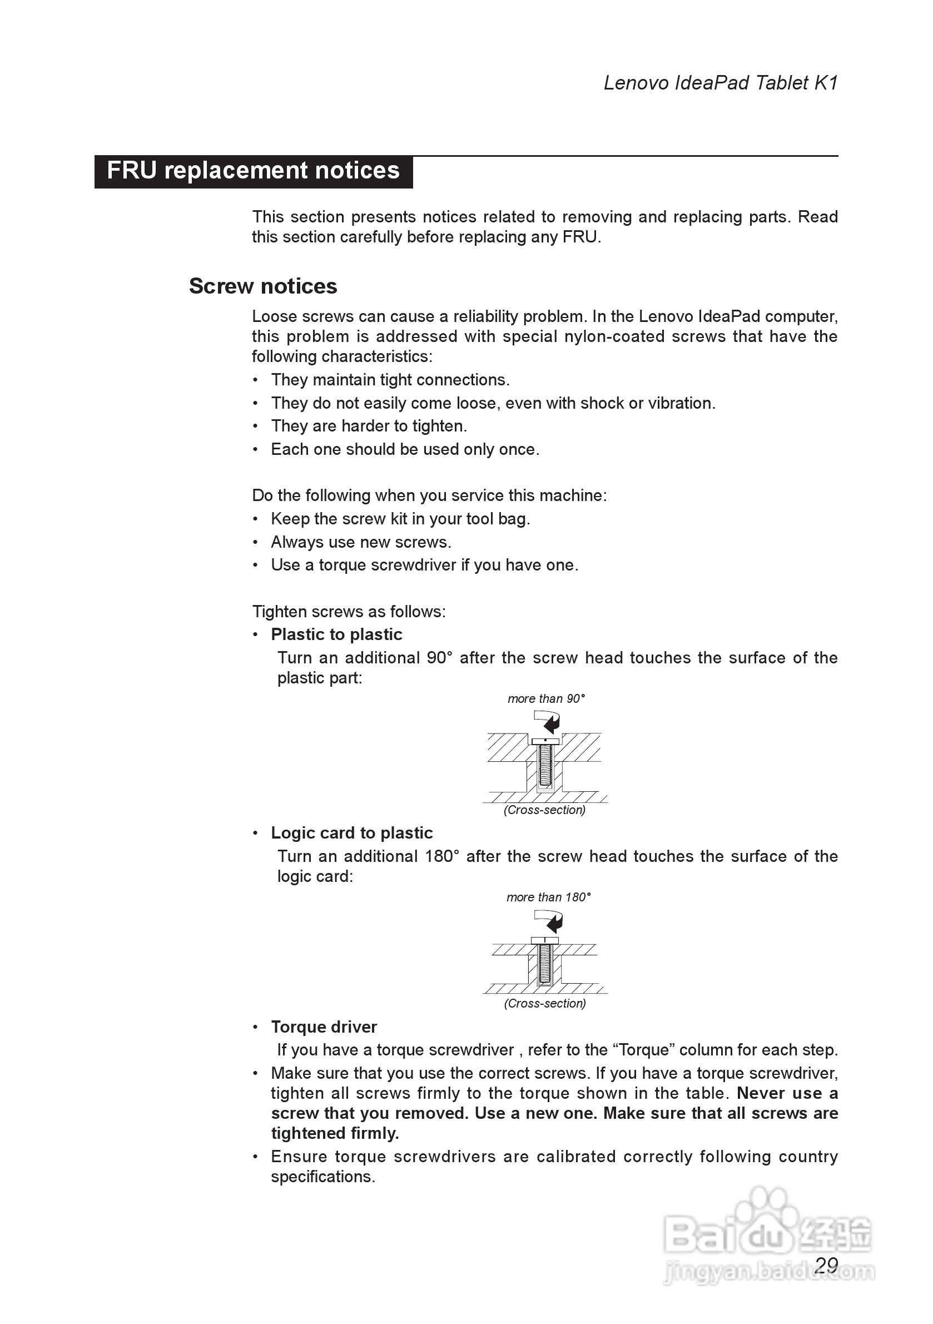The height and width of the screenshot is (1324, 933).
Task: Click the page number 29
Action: [x=826, y=1265]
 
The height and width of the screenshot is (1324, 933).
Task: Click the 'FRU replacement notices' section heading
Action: [x=253, y=171]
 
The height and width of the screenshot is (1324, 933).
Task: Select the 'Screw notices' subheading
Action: [x=263, y=286]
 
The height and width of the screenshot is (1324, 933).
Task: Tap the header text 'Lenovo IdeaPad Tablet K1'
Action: [x=720, y=83]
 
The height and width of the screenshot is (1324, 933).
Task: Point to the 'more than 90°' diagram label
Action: [x=546, y=699]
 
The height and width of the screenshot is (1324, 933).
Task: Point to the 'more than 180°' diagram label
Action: [x=548, y=897]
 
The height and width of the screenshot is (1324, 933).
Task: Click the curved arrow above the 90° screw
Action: [x=548, y=721]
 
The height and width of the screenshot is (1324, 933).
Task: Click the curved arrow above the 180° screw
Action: [x=549, y=920]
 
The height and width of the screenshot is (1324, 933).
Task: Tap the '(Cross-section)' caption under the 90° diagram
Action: [x=544, y=810]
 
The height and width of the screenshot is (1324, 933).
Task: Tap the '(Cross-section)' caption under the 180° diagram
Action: [x=545, y=1003]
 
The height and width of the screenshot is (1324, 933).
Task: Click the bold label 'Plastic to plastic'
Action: [x=336, y=634]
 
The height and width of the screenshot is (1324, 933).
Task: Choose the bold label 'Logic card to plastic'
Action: [x=352, y=832]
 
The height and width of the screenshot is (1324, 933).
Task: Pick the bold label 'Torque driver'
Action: [x=324, y=1027]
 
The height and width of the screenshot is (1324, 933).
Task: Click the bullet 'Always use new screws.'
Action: [x=361, y=542]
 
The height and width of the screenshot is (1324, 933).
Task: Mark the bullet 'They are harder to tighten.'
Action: [x=369, y=426]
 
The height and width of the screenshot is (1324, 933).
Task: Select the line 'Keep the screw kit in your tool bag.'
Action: [x=400, y=519]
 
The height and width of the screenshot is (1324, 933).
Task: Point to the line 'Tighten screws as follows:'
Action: [x=349, y=611]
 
